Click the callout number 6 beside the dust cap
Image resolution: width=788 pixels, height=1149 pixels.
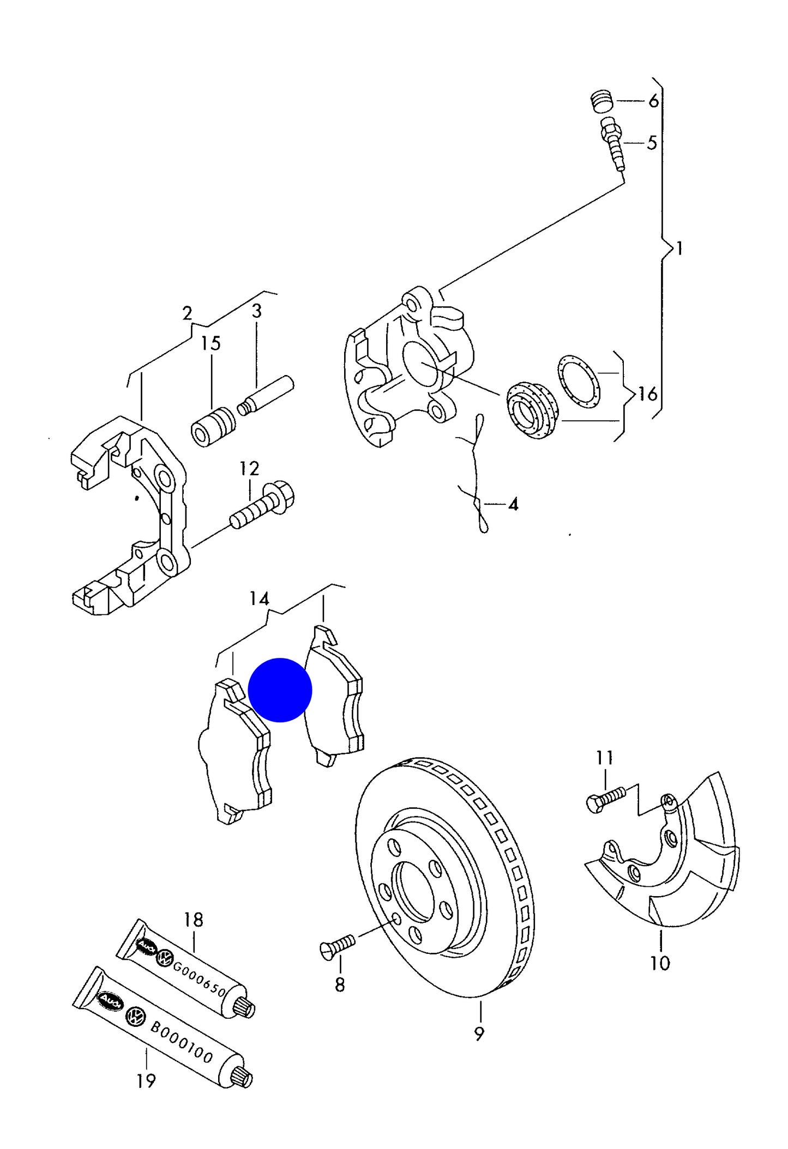(653, 101)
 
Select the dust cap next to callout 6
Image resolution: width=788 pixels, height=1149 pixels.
(602, 101)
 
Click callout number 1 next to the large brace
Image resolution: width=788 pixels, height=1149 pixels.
(679, 249)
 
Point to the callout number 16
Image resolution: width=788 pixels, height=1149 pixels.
(647, 394)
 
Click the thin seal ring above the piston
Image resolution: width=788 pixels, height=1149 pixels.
(579, 381)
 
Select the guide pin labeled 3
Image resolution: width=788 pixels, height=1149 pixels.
(266, 394)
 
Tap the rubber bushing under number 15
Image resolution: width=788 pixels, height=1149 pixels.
(213, 427)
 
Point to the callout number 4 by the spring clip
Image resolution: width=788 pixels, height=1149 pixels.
(513, 504)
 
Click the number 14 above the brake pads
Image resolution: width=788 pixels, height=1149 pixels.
(259, 598)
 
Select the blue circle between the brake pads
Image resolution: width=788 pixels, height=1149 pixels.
(280, 690)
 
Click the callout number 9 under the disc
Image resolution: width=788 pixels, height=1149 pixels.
(479, 1033)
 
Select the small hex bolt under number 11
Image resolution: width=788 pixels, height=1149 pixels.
(605, 800)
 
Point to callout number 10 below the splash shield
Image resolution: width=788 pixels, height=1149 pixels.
(660, 963)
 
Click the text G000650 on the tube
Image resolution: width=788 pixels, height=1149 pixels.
(199, 978)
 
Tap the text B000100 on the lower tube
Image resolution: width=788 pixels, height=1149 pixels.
(181, 1042)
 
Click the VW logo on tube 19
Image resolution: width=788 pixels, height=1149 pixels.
(134, 1017)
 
